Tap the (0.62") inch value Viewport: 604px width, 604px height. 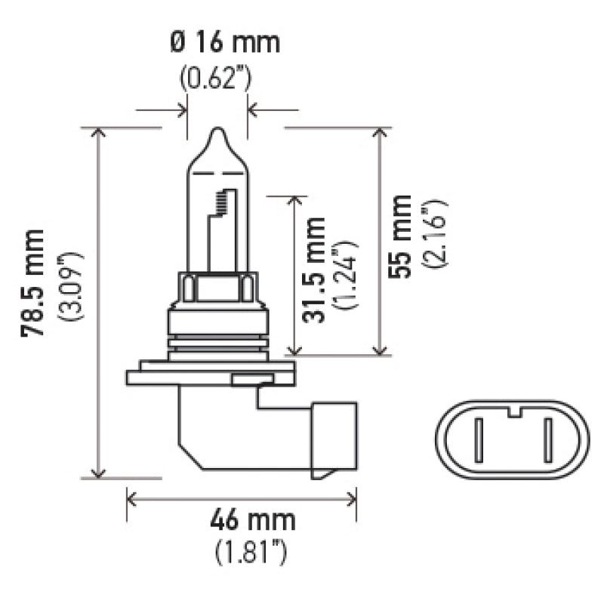coord(215,77)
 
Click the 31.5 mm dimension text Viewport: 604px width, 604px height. coord(314,270)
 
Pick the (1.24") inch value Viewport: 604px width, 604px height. coord(345,275)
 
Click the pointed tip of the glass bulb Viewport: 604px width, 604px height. coord(217,131)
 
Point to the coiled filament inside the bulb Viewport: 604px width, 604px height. coord(220,202)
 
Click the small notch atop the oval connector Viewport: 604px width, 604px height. coord(513,412)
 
